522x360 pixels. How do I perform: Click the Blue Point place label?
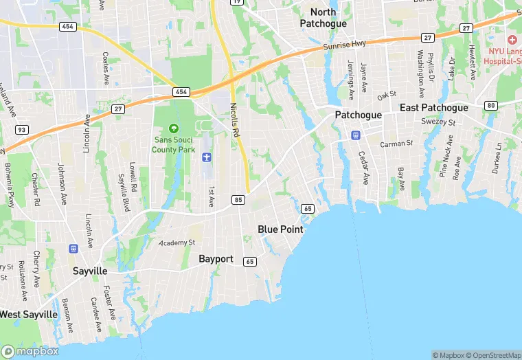point(280,229)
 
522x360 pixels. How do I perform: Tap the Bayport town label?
point(216,259)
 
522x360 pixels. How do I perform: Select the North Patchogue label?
point(323,17)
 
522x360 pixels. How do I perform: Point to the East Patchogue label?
point(434,108)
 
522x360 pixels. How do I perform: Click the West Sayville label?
point(29,314)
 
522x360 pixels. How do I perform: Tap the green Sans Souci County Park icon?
point(173,128)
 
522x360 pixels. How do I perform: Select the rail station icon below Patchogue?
point(356,135)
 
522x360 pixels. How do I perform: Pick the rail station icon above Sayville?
point(74,248)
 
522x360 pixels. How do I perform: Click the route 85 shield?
point(238,200)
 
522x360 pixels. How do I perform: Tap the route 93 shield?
point(21,129)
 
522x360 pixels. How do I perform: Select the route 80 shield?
point(490,105)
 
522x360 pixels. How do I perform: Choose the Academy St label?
point(177,243)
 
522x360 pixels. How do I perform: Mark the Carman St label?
point(396,144)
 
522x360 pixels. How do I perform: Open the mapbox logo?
point(30,350)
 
